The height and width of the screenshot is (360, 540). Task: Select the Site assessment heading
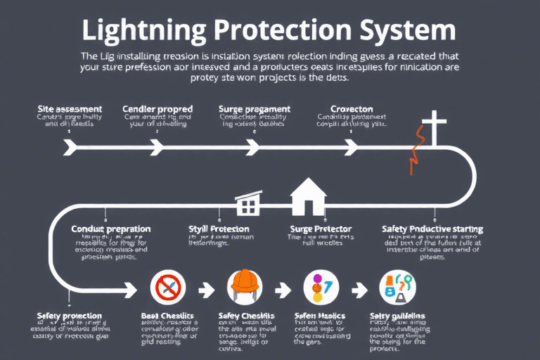pos(70,110)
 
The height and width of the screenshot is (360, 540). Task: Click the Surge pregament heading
pos(255,110)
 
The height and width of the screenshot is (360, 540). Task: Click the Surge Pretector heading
pos(321,229)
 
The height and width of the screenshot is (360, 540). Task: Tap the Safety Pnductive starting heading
pos(432,229)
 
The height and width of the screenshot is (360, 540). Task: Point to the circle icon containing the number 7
pos(321,288)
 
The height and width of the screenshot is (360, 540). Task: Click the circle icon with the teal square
pos(397,288)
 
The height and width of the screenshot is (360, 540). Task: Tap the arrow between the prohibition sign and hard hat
pos(207,288)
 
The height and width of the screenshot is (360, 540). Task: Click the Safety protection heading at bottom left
pos(69,316)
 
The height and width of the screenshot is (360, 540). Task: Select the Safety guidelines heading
pos(397,316)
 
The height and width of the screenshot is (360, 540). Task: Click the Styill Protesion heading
pos(219,229)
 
